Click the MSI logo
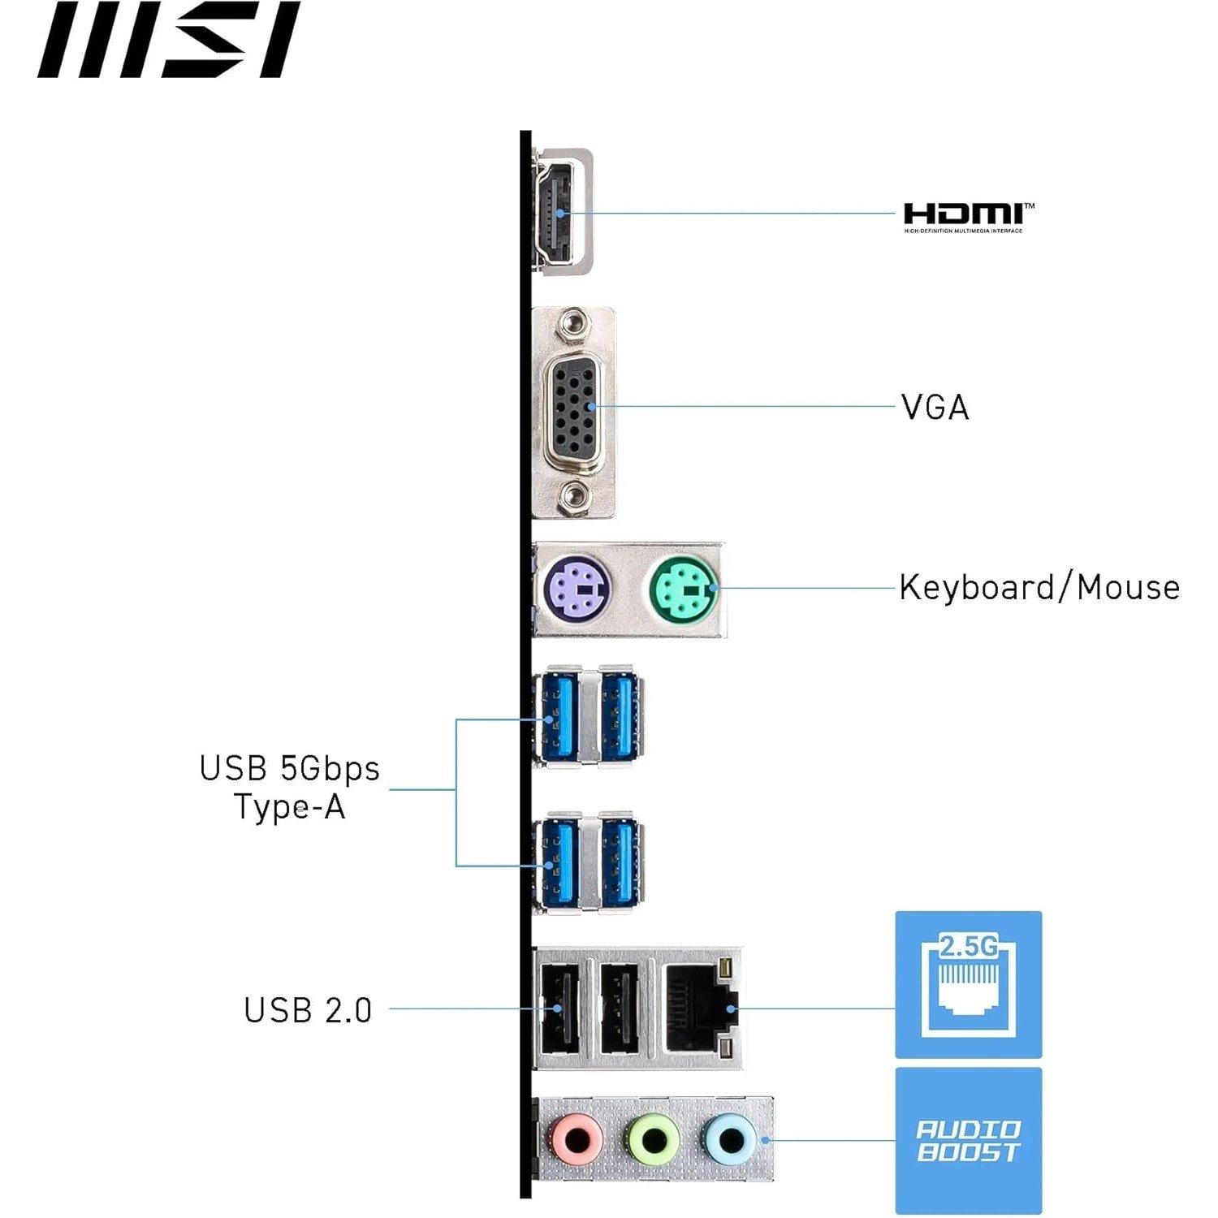168,40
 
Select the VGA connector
576,410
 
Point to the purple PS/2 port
577,588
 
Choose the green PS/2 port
684,588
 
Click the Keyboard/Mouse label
1039,587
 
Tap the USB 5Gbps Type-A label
290,787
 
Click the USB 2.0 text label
308,1010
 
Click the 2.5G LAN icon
968,984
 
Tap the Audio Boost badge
968,1140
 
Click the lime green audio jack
654,1140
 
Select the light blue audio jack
730,1140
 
